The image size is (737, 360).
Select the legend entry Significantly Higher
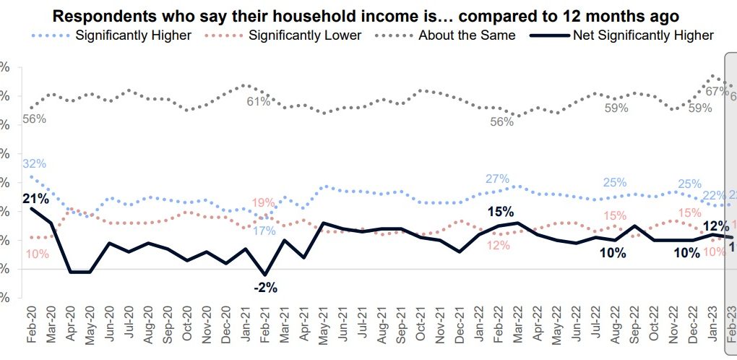pos(134,35)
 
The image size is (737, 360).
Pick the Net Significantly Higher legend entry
pos(642,35)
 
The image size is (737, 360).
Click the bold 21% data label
pos(35,197)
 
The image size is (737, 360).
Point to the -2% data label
pos(265,287)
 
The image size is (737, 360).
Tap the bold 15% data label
pos(500,212)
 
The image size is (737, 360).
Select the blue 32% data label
pos(34,164)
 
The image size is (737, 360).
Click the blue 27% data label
pos(498,179)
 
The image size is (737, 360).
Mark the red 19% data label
pos(263,202)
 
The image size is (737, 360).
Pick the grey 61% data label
pos(258,102)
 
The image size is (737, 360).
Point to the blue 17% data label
pos(264,231)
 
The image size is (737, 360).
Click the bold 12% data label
pos(715,226)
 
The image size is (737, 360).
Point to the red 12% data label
pos(499,245)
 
